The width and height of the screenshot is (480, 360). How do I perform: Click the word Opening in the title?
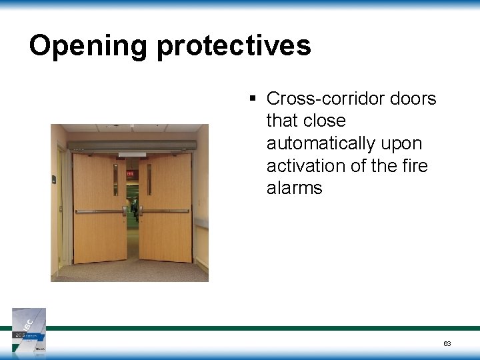point(88,46)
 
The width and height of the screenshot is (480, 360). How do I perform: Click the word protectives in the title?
point(233,46)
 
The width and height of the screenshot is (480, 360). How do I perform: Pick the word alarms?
point(294,188)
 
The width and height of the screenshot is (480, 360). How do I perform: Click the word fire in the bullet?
point(413,166)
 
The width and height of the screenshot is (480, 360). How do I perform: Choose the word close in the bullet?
point(324,121)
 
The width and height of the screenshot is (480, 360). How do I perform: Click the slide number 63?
point(447,343)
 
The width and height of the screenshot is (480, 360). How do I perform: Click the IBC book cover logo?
point(29,329)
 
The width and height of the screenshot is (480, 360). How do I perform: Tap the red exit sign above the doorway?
point(131,173)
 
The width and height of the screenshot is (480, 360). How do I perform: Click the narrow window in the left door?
point(115,180)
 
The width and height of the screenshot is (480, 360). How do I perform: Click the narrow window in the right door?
point(149,179)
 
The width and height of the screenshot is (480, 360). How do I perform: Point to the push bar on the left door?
point(100,211)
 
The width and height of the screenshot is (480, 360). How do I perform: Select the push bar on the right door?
point(165,212)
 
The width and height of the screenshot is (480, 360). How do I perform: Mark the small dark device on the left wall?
point(55,178)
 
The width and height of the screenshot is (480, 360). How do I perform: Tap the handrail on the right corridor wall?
point(201,225)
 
